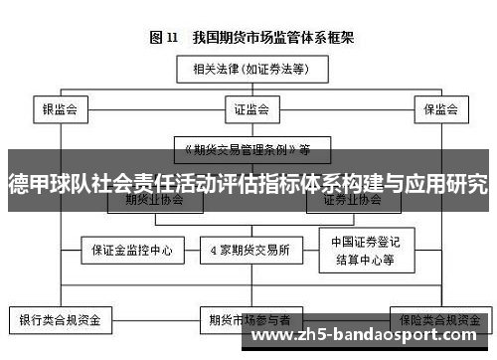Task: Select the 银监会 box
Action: (60, 107)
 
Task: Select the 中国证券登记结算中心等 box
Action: (362, 251)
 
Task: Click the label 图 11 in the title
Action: (163, 39)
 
